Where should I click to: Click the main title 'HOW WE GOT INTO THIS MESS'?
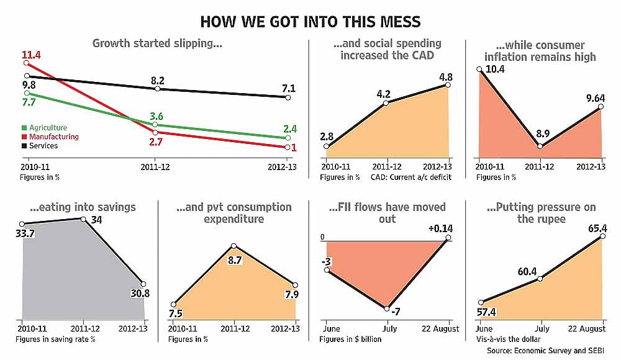(x=310, y=22)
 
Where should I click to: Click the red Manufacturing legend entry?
(x=50, y=137)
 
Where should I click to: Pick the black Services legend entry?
(x=40, y=146)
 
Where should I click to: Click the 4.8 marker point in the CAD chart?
(x=448, y=84)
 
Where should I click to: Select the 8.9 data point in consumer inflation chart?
(x=540, y=146)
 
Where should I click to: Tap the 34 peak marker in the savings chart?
(x=83, y=218)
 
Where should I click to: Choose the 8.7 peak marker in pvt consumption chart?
(x=233, y=246)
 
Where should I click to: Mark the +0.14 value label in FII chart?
(x=442, y=229)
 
